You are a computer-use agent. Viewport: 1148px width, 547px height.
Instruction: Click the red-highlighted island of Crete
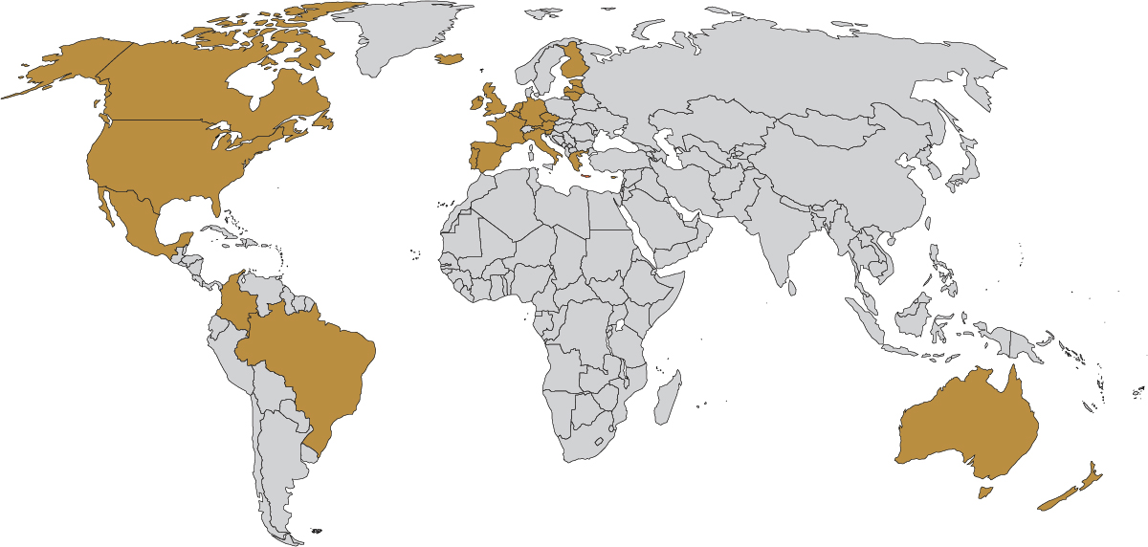click(x=585, y=175)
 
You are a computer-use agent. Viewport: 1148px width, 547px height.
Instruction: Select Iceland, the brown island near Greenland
click(x=449, y=59)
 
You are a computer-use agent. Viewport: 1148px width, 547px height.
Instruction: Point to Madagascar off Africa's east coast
click(x=668, y=397)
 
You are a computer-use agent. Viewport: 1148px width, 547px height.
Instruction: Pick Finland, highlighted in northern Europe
click(x=572, y=61)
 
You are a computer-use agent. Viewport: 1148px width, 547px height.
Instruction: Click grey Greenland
click(x=402, y=38)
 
